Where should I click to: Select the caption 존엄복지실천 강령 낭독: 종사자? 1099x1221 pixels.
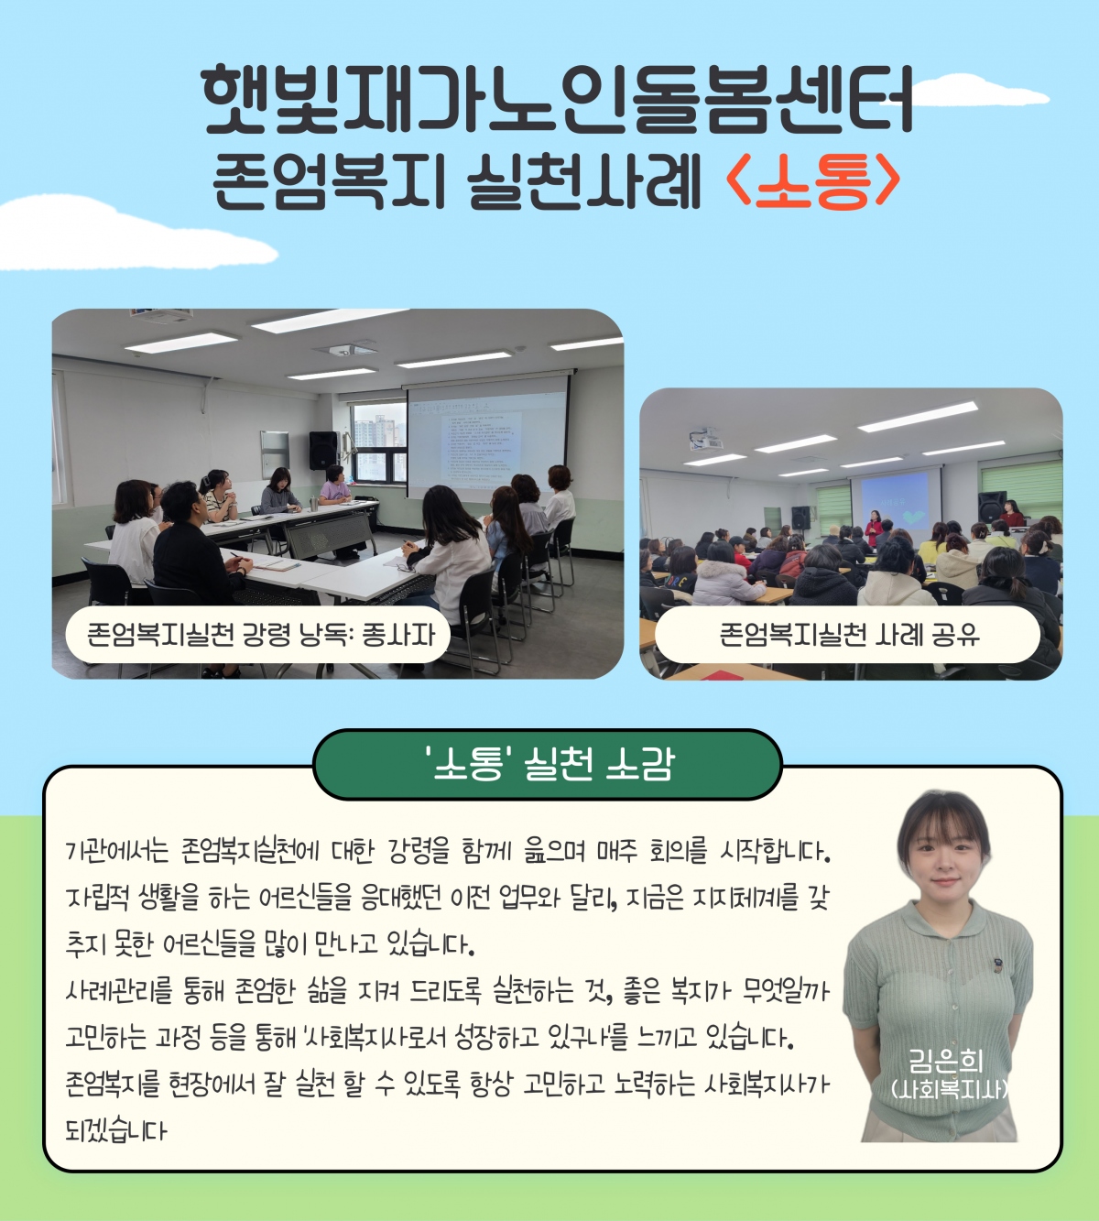coord(261,634)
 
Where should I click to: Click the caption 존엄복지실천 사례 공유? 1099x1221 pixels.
coord(849,635)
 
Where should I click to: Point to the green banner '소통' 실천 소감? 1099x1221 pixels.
coord(547,765)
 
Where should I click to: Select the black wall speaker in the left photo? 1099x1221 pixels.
coord(323,450)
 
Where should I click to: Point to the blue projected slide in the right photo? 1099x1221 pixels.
coord(896,501)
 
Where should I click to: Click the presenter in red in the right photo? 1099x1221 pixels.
coord(874,530)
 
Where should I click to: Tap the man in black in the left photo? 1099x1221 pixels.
coord(195,546)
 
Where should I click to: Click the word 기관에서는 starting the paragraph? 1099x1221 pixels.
coord(116,852)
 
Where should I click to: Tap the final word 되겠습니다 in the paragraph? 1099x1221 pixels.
coord(115,1131)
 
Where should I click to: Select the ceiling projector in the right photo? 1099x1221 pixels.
coord(706,438)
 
